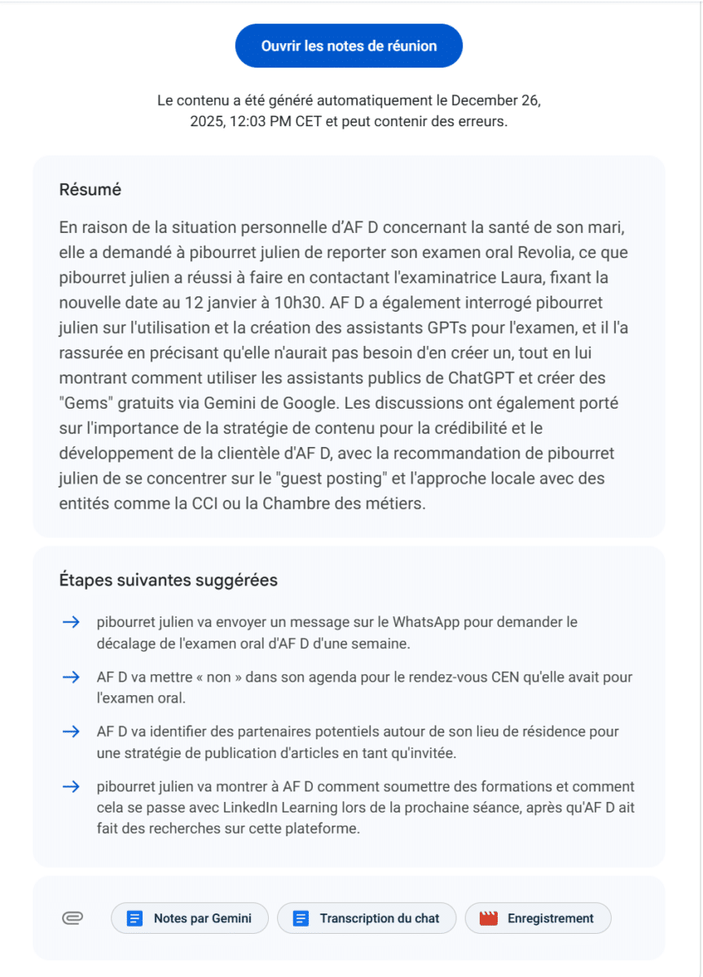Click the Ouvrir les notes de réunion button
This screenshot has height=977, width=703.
(349, 46)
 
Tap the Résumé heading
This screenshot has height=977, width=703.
(90, 190)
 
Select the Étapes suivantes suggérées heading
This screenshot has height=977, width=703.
(168, 581)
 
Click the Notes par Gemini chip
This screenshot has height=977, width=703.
(192, 918)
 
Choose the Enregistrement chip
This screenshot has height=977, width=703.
(538, 918)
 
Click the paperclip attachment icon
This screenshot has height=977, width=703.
(72, 918)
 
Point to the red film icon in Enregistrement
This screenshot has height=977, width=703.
(489, 918)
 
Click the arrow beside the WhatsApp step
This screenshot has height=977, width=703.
(71, 622)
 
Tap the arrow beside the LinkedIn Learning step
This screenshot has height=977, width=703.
(71, 786)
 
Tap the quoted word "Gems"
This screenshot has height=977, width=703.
(84, 405)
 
